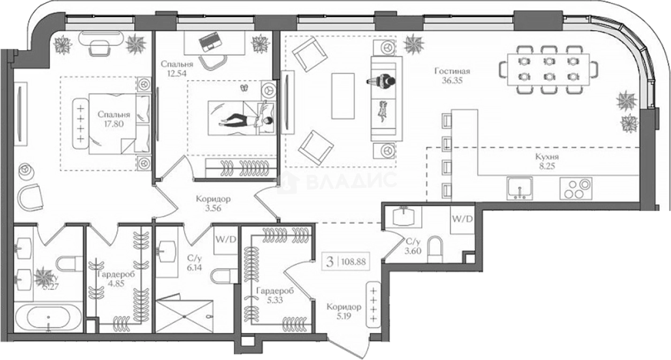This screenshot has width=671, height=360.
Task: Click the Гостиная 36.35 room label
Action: pos(452,76)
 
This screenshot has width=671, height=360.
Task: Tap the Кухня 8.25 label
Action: pos(547,162)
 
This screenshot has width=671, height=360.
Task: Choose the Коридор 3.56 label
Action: pos(213,203)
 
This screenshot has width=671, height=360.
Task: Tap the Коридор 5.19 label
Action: pos(344,312)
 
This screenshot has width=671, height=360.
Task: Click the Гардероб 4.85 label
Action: pos(115,279)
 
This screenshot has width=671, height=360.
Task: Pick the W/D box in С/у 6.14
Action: pos(225,239)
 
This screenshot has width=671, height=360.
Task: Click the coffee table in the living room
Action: pos(342,96)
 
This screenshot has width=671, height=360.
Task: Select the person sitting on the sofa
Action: pos(382,81)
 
